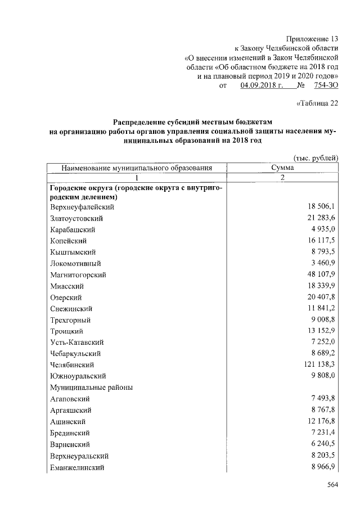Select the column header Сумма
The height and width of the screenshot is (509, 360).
(282, 168)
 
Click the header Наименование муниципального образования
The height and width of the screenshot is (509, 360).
(137, 168)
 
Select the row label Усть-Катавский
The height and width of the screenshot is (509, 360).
(77, 343)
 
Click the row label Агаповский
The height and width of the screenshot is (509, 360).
(70, 399)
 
